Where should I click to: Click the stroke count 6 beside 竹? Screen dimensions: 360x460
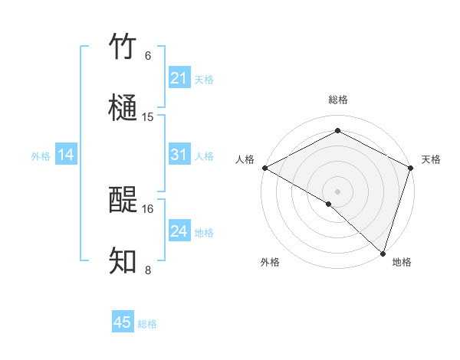tap(148, 56)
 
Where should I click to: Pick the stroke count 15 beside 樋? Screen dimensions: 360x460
tap(148, 117)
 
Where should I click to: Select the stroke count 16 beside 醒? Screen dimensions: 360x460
tap(148, 208)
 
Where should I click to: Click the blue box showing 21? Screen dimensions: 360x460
tap(179, 77)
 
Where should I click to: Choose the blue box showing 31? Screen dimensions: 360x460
tap(179, 155)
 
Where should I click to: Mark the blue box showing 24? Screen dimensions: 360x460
tap(179, 231)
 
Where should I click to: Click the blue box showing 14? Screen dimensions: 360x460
tap(66, 155)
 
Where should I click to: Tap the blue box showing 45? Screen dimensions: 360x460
tap(123, 322)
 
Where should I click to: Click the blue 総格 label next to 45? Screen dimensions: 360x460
tap(148, 324)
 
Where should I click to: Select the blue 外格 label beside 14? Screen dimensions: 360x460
tap(41, 156)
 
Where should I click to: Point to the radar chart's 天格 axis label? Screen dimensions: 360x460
tap(431, 159)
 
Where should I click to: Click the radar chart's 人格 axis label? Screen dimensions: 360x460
tap(245, 159)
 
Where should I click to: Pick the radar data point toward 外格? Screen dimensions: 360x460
tap(329, 204)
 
